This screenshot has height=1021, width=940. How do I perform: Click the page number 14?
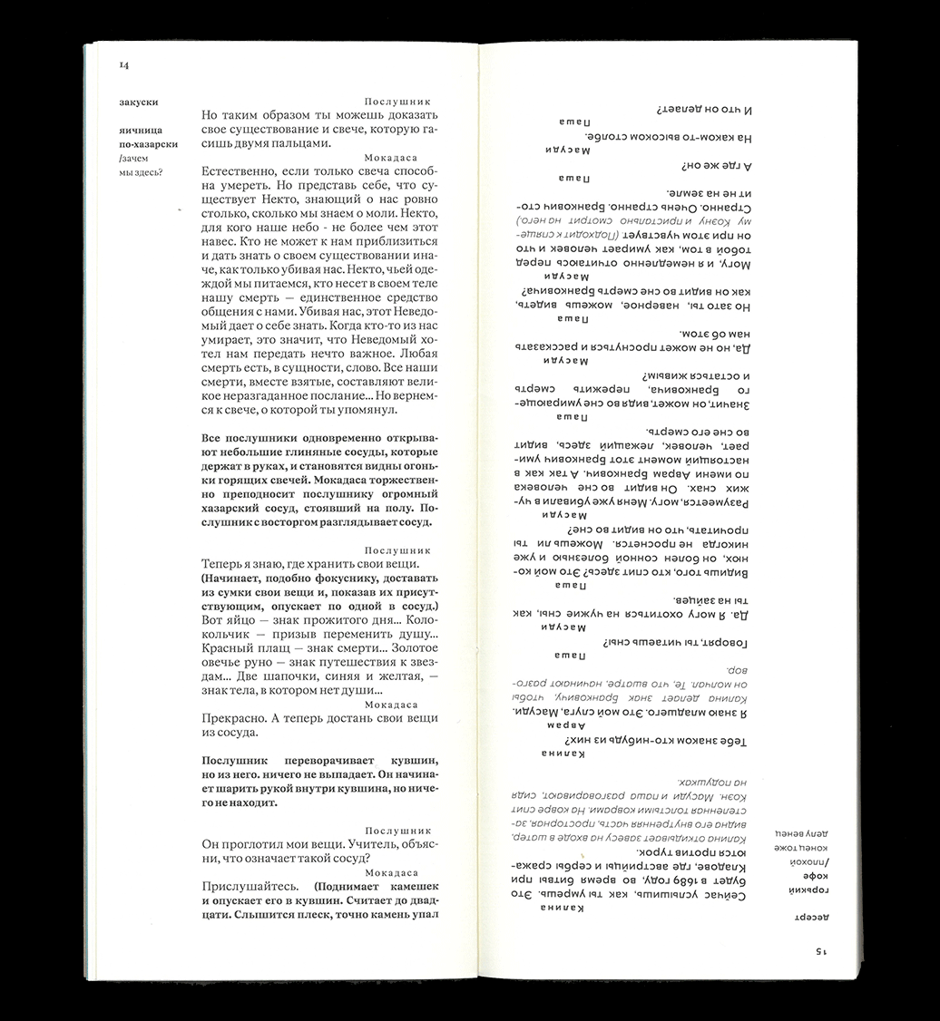(x=124, y=65)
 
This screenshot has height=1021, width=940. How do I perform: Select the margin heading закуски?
(x=137, y=102)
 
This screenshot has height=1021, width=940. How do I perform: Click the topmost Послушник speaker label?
(x=397, y=102)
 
